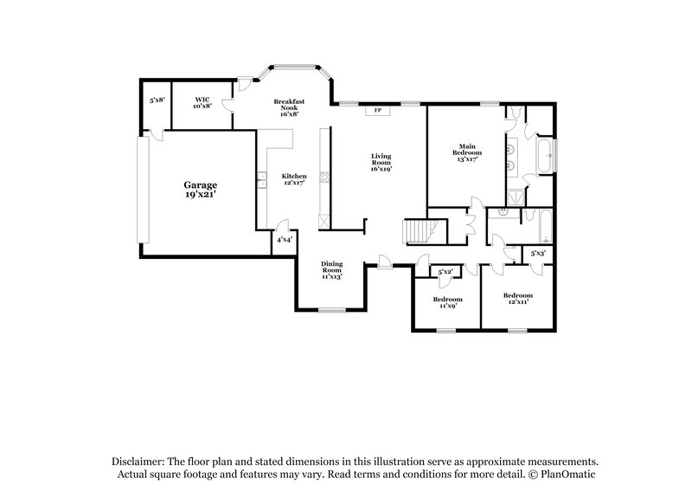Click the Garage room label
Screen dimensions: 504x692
[x=200, y=191]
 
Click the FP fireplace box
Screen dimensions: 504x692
[x=377, y=111]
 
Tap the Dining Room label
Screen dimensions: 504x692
[x=331, y=270]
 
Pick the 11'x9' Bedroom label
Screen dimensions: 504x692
[x=446, y=302]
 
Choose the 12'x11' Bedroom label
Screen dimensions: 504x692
[x=519, y=299]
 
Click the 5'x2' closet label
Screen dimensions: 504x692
[x=446, y=273]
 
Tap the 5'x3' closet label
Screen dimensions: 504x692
[x=537, y=254]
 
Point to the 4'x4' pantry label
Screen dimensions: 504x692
[x=285, y=240]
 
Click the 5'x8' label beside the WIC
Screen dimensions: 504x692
[x=157, y=100]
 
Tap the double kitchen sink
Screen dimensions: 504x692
[x=259, y=180]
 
